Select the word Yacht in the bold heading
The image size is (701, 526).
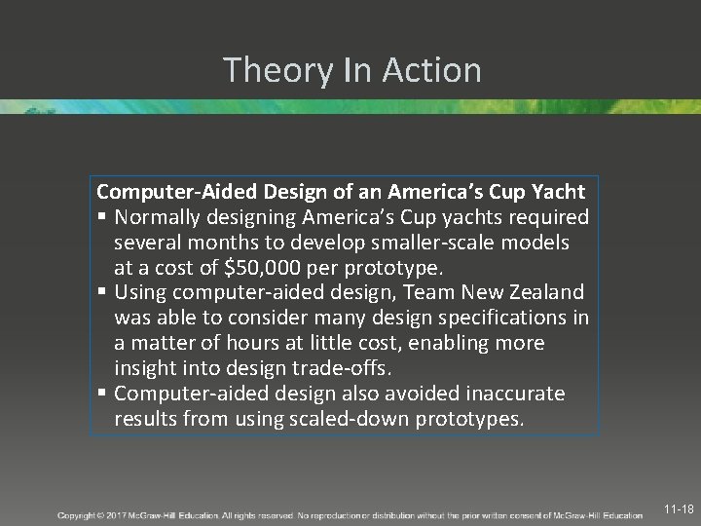pyautogui.click(x=557, y=192)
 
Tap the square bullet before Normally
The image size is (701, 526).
pyautogui.click(x=102, y=217)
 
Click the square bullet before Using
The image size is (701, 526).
pyautogui.click(x=102, y=292)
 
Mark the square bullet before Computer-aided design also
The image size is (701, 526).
pyautogui.click(x=102, y=394)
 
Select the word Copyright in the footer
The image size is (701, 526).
pyautogui.click(x=79, y=515)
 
